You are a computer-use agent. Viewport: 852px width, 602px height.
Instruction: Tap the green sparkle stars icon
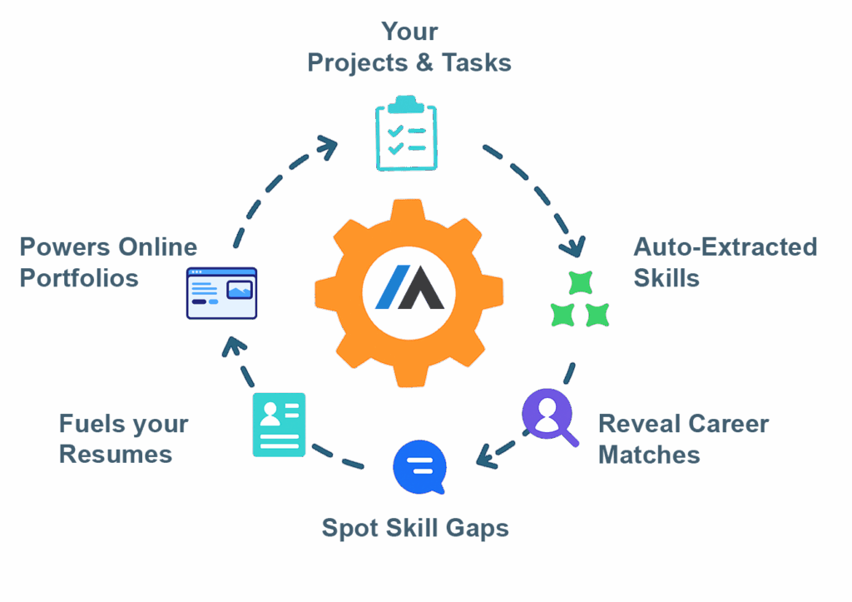click(580, 301)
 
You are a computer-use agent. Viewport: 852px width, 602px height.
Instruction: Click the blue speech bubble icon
click(419, 467)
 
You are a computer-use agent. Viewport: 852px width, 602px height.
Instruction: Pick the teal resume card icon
click(279, 425)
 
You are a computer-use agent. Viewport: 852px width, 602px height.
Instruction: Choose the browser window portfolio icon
click(221, 293)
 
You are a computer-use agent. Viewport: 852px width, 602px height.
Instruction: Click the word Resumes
click(116, 455)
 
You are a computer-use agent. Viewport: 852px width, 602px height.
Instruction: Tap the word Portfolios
click(79, 278)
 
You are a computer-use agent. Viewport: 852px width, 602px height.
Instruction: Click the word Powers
click(64, 247)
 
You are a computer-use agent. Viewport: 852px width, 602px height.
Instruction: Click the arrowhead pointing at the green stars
click(572, 247)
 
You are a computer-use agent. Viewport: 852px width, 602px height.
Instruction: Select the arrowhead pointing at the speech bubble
click(483, 456)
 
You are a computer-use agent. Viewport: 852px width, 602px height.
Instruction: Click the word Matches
click(649, 455)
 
